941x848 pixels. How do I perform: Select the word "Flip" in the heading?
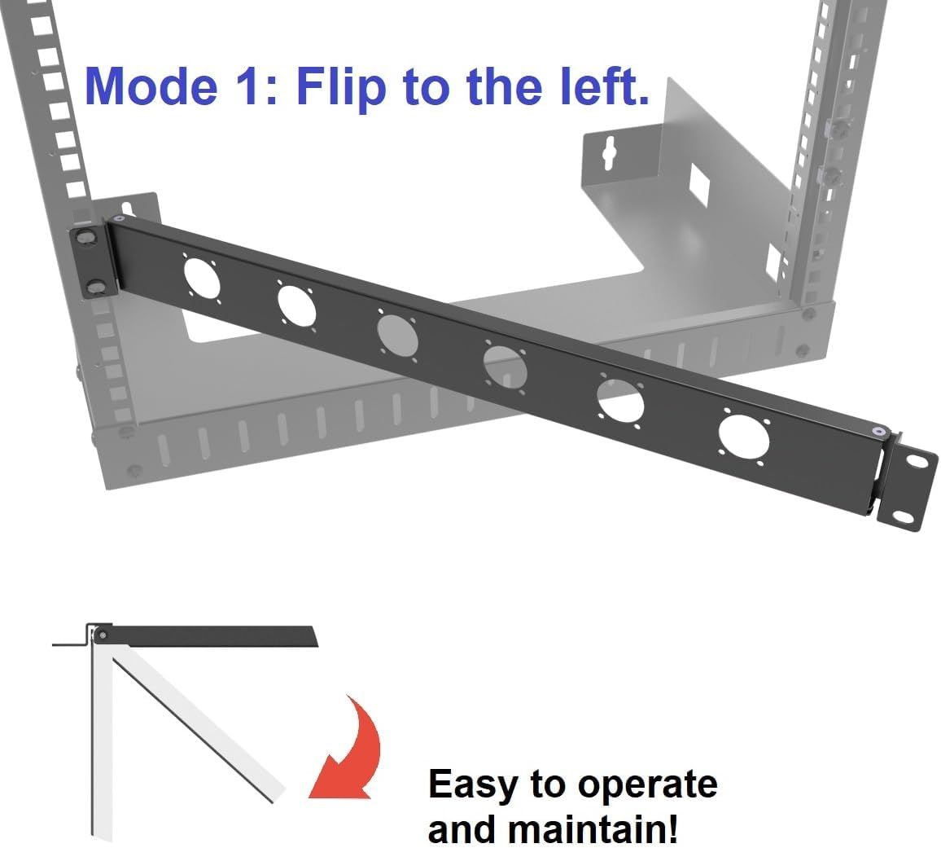[x=340, y=86]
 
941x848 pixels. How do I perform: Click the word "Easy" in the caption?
[x=473, y=784]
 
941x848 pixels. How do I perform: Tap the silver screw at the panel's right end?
[x=876, y=432]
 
